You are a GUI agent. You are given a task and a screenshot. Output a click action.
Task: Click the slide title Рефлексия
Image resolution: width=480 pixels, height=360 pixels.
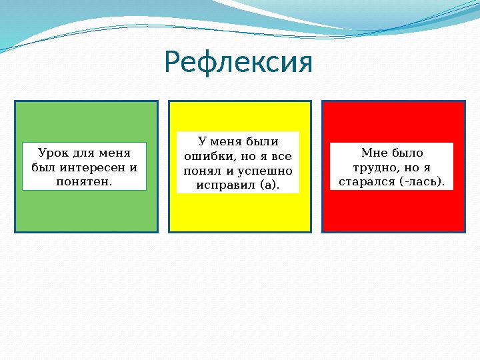click(239, 63)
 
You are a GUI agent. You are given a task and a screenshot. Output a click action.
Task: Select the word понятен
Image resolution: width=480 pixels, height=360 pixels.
click(84, 181)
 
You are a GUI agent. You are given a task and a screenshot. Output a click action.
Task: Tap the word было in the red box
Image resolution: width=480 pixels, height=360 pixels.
click(407, 153)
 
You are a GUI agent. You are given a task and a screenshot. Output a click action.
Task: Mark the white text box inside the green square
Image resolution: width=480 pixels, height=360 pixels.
click(84, 167)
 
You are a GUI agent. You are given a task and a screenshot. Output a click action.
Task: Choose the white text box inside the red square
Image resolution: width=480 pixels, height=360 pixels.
click(391, 167)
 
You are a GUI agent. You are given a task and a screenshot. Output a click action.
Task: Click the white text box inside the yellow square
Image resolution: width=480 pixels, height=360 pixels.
click(238, 163)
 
